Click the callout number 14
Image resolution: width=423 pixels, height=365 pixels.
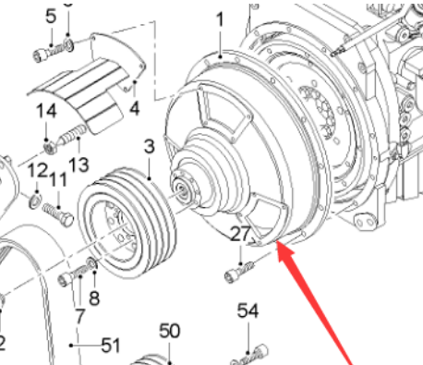46,112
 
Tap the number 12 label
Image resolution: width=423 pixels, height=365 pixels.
36,171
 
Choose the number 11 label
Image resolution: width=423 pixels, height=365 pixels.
58,180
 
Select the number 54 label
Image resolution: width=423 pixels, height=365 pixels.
248,310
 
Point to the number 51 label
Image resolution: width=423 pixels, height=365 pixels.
111,346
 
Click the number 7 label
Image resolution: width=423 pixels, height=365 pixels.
79,316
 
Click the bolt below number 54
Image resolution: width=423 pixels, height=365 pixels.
248,353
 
